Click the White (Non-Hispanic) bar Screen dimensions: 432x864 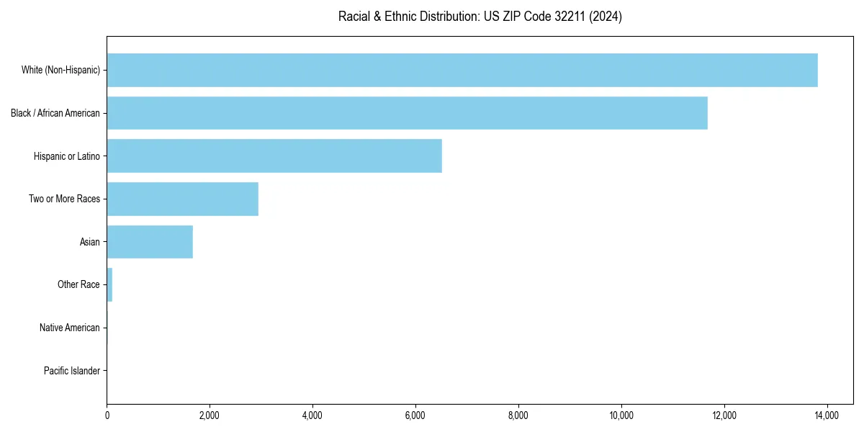coord(462,70)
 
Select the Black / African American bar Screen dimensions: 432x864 coord(407,113)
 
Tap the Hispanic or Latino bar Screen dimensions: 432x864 coord(274,156)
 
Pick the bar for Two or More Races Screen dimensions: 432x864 coord(182,199)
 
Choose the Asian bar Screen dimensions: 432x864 coord(150,242)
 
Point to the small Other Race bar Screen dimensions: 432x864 coord(109,284)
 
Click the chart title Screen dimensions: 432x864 coord(480,16)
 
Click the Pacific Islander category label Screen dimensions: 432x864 coord(71,371)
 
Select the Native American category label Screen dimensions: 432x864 coord(69,328)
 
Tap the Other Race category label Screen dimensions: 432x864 coord(78,284)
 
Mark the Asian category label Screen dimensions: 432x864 coord(89,242)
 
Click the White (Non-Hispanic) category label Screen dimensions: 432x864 coord(61,70)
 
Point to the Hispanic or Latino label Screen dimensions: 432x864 coord(66,156)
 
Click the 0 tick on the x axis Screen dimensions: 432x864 coord(107,415)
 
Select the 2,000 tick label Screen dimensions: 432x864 coord(210,415)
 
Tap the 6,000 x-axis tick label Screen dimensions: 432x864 coord(415,415)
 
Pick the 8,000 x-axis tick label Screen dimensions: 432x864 coord(518,415)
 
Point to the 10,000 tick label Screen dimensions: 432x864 coord(621,415)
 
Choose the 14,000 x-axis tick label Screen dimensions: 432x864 coord(827,415)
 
